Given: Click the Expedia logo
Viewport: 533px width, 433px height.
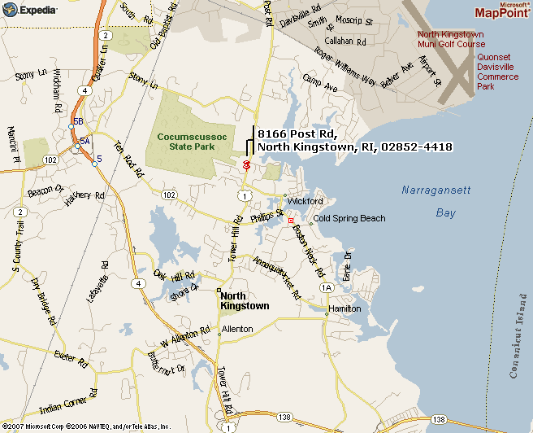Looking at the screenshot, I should (x=30, y=10).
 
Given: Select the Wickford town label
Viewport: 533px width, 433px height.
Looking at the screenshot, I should (x=305, y=200).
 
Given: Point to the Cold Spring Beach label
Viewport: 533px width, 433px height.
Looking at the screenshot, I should (x=349, y=218).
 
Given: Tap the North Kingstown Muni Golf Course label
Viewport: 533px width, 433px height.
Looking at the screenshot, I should (x=451, y=39).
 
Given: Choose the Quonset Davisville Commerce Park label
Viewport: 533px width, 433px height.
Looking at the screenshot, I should (x=497, y=72).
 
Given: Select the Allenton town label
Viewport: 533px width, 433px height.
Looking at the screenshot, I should (x=236, y=329).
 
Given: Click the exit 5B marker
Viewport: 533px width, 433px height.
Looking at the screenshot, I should (x=78, y=121).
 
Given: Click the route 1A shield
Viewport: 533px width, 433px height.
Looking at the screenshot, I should (x=327, y=288).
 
